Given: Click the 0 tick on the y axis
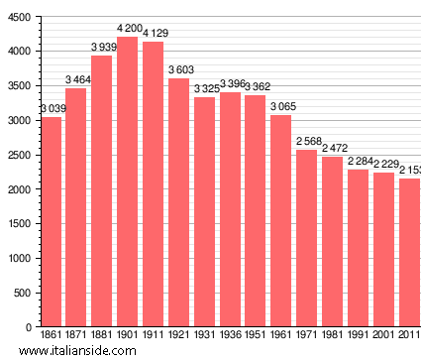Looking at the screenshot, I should click(x=30, y=327).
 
